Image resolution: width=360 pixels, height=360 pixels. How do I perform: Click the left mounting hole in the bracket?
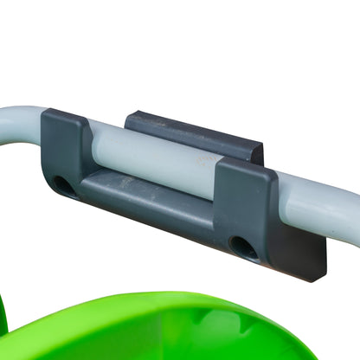click(x=63, y=185)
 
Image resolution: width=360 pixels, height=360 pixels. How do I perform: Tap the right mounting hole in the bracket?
click(x=243, y=247)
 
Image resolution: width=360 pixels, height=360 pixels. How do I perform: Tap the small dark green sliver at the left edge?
click(x=3, y=316)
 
